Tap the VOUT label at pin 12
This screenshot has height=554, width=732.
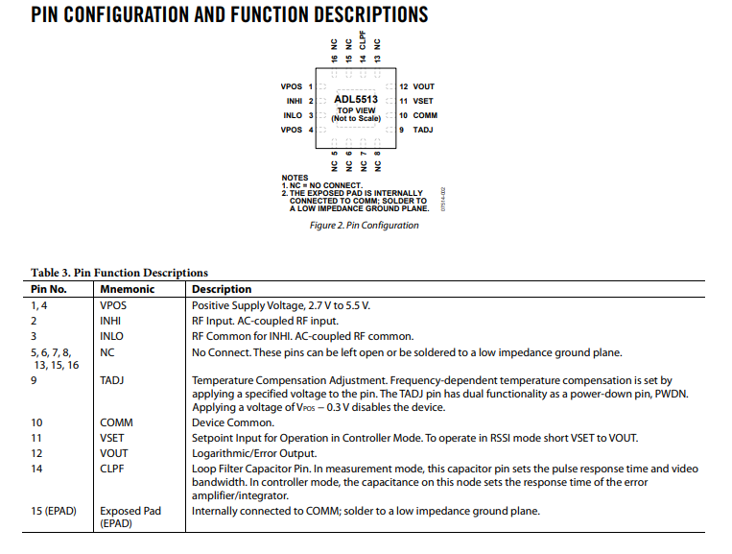pos(423,86)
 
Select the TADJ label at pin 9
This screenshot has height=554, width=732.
pos(423,130)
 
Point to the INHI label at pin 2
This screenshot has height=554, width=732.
pos(294,101)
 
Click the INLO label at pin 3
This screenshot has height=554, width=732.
pos(293,115)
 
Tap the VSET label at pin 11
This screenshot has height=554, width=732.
pos(423,101)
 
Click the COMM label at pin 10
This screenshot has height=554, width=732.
pos(425,115)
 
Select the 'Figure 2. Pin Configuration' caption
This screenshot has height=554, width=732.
pos(364,226)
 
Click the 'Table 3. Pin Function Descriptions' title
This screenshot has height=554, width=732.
pos(119,273)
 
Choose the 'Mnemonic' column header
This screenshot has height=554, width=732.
pos(124,289)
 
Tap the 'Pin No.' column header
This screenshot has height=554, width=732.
pos(49,289)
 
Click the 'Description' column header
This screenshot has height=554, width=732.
pos(222,289)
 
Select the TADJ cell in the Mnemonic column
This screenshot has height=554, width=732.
pos(112,380)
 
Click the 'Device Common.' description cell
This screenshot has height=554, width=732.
pos(233,422)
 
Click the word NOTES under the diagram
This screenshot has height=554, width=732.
pos(295,178)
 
